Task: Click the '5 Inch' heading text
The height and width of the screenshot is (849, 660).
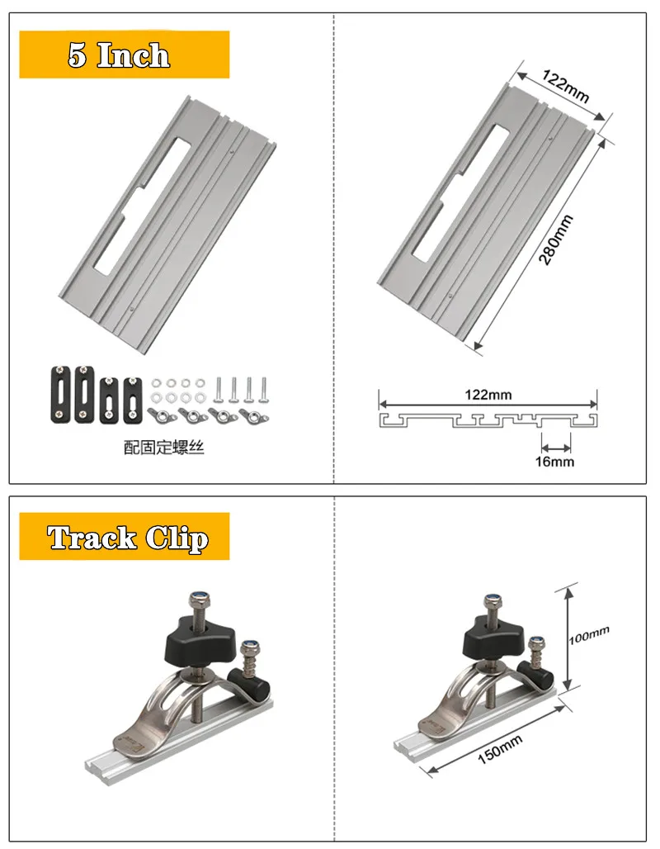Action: coord(120,56)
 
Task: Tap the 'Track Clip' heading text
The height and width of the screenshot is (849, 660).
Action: coord(127,538)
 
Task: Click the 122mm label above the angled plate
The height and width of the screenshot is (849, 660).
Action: coord(566,86)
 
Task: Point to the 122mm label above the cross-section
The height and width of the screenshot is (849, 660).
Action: coord(487,395)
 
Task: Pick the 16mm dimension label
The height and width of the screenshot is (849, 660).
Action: coord(554,462)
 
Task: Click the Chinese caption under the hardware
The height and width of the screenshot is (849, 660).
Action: coord(163,448)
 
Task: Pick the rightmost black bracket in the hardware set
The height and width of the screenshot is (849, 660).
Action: coord(132,401)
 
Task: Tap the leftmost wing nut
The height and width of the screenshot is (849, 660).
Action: coord(159,411)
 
